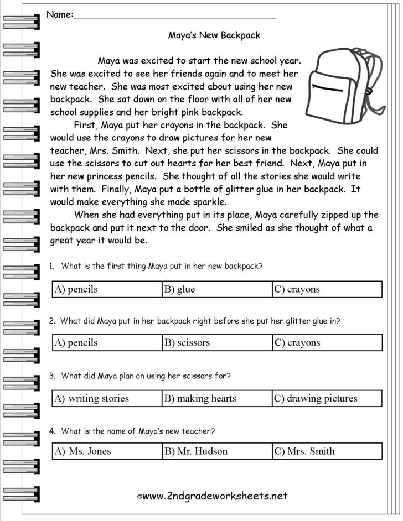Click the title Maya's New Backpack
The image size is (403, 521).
point(214,35)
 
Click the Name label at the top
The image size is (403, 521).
point(59,15)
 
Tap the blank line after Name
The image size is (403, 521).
point(174,17)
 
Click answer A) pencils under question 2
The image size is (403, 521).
point(76,342)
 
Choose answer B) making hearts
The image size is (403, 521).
point(200,398)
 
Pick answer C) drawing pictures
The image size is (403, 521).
point(316,398)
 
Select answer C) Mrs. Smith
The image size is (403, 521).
point(304,451)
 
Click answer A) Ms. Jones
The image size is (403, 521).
point(82,451)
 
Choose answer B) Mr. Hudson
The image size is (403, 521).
point(195,451)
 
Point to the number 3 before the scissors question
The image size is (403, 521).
point(51,376)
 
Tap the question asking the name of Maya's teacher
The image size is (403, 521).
point(138,431)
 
